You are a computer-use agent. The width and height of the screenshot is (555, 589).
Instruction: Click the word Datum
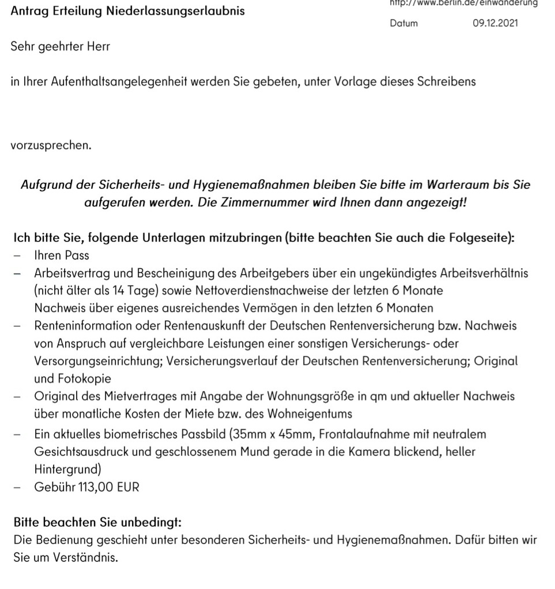pyautogui.click(x=403, y=24)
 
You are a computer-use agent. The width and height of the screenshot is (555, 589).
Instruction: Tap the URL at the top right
pyautogui.click(x=463, y=3)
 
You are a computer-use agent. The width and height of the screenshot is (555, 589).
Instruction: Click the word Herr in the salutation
pyautogui.click(x=97, y=47)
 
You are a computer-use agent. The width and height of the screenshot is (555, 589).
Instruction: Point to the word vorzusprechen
pyautogui.click(x=51, y=145)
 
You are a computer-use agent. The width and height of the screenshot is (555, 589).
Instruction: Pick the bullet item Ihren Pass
pyautogui.click(x=62, y=255)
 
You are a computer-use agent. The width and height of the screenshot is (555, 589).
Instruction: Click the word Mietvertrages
pyautogui.click(x=133, y=397)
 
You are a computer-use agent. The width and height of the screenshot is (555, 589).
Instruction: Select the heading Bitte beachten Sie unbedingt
pyautogui.click(x=97, y=523)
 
